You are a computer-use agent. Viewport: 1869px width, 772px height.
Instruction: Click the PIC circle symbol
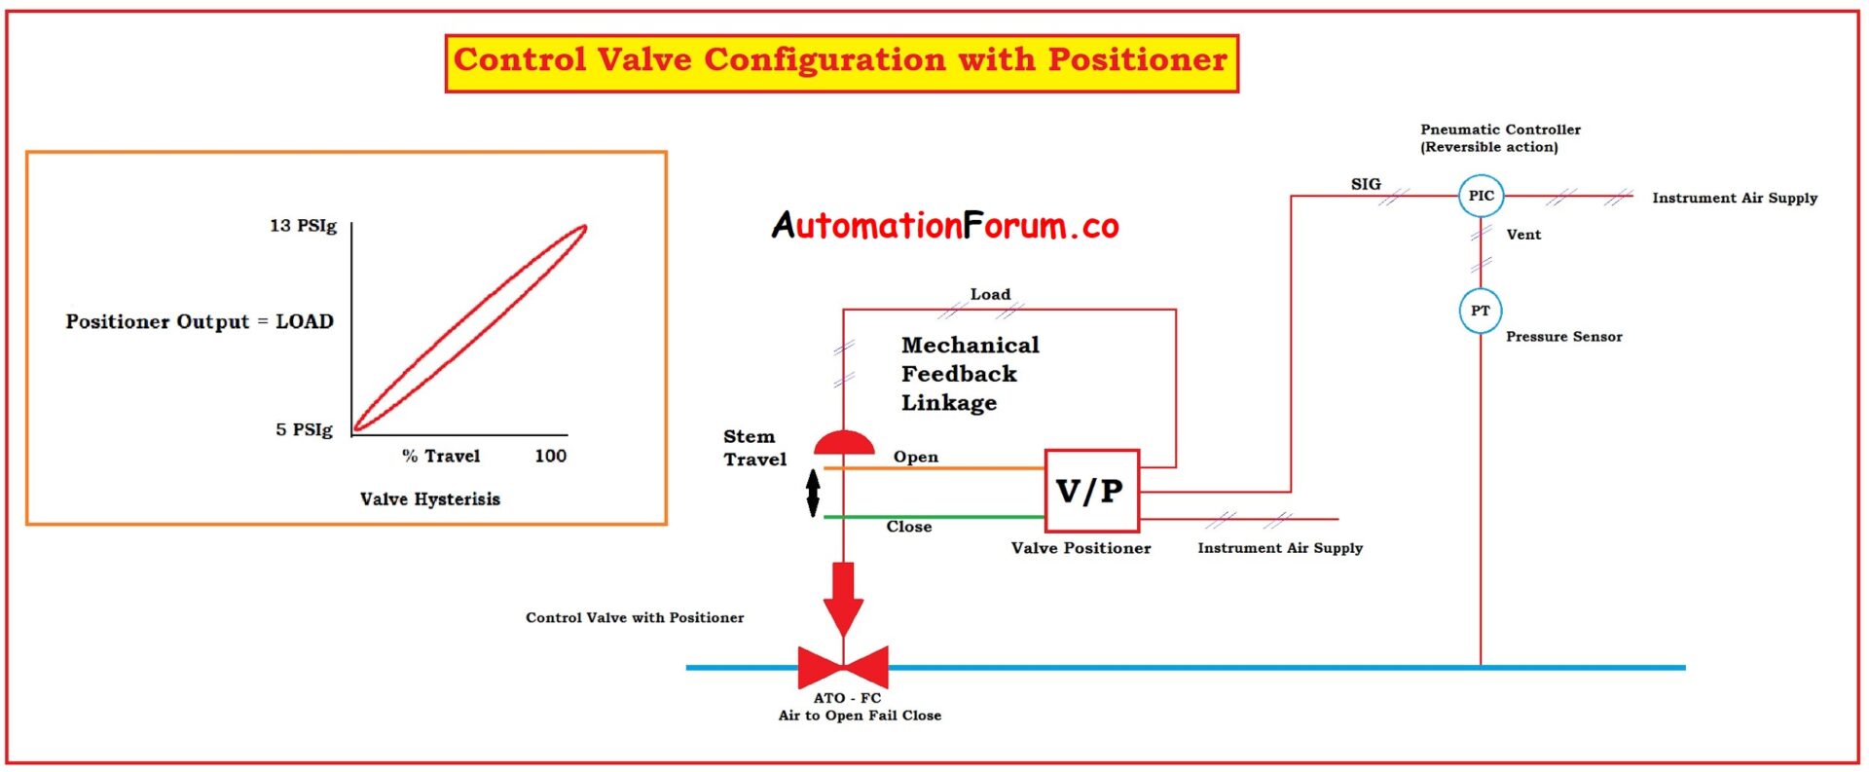tap(1481, 196)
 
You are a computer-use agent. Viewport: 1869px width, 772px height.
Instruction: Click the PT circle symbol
tap(1480, 311)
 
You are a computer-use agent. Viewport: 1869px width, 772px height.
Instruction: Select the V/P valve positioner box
tap(1091, 491)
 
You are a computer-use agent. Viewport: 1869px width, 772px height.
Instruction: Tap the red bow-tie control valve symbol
tap(843, 668)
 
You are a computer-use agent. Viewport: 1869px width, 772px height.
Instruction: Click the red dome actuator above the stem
tap(844, 444)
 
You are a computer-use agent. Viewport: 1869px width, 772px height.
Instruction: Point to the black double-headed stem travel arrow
tap(814, 493)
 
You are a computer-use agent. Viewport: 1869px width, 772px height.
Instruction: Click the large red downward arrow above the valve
tap(843, 597)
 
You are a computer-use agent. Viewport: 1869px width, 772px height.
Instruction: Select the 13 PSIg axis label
tap(303, 226)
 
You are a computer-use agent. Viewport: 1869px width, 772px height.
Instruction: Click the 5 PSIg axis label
tap(304, 429)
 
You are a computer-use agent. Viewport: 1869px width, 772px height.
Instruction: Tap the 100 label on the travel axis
tap(550, 456)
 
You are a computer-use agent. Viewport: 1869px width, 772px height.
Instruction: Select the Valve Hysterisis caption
tap(429, 499)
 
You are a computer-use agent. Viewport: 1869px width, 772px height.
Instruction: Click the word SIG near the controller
tap(1365, 184)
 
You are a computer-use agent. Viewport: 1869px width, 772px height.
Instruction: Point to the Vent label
tap(1523, 235)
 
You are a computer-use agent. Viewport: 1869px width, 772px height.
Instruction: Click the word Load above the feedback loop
tap(990, 294)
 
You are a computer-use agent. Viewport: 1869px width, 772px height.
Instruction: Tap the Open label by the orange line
tap(915, 457)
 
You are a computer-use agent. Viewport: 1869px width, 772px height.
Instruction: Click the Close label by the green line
tap(908, 527)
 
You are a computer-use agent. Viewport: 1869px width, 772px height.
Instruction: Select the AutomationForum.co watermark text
tap(945, 226)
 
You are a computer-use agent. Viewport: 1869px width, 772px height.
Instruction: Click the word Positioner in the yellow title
tap(1137, 60)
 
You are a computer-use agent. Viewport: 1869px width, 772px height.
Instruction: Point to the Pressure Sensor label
tap(1563, 337)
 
